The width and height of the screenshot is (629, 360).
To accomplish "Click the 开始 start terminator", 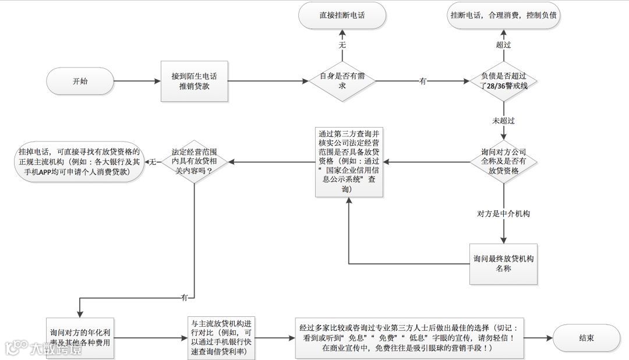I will pos(81,81).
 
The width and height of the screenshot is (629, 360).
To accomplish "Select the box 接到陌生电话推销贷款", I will pos(195,81).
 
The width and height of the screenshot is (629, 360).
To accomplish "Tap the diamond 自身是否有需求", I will pos(341,81).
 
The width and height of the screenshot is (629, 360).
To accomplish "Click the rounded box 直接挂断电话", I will pos(341,16).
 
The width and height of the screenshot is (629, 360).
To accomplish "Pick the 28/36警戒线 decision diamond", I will pos(504,81).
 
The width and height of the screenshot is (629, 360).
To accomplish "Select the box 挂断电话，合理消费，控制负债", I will pos(504,16).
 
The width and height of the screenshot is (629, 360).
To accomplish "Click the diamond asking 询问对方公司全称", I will pos(504,161).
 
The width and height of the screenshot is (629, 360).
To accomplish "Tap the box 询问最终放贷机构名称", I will pos(504,264).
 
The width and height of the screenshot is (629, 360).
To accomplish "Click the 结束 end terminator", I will pos(586,338).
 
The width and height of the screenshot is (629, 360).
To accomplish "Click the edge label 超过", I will pos(504,44).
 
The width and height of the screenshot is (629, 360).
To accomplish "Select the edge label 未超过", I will pos(504,121).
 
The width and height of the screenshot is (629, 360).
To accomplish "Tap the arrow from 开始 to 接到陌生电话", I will pos(137,81).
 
